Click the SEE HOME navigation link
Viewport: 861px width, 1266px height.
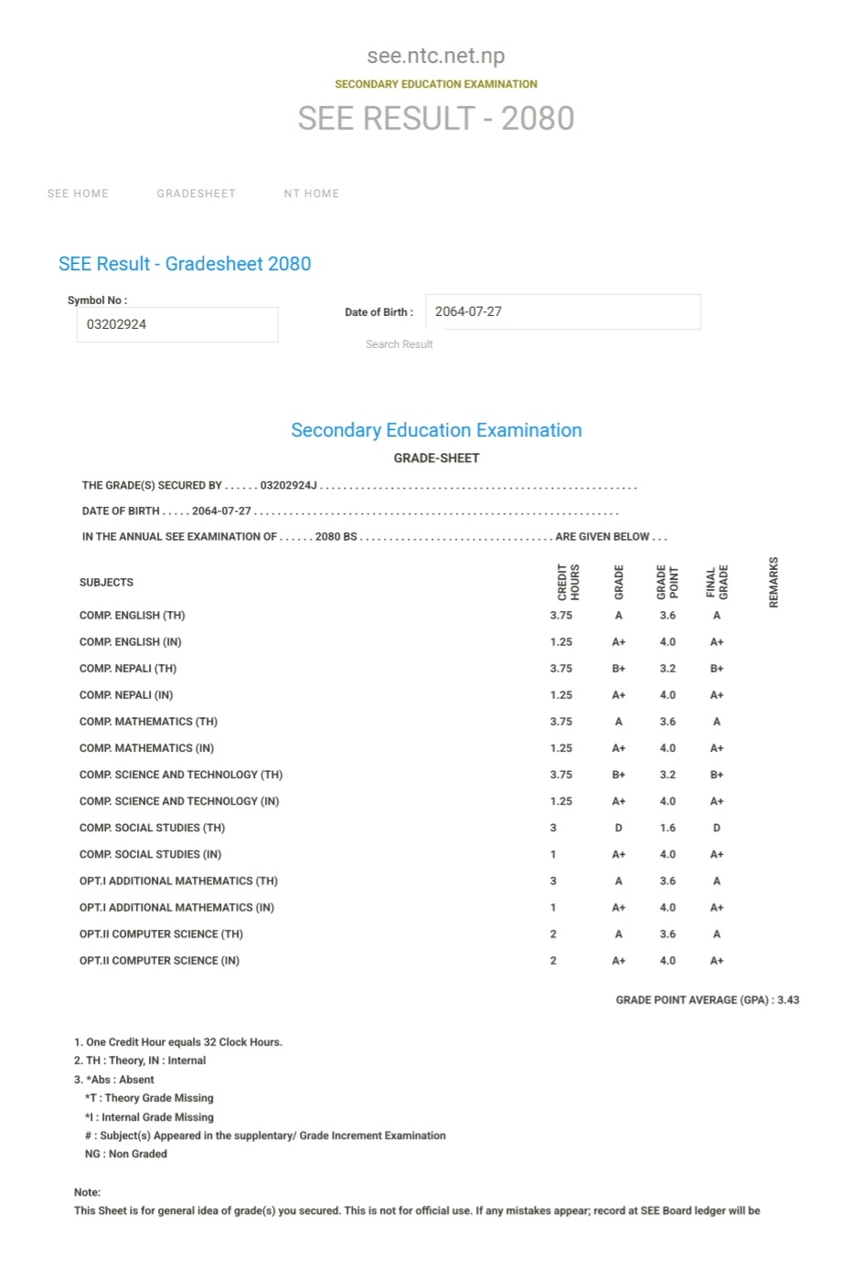click(x=78, y=194)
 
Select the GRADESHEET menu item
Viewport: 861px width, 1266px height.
click(x=196, y=194)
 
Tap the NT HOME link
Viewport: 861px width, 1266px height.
click(x=311, y=194)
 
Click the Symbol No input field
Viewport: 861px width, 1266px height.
click(x=177, y=324)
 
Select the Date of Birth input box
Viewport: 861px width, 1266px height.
click(x=562, y=311)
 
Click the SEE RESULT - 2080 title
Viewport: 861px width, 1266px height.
click(x=436, y=119)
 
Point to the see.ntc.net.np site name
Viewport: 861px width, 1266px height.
click(x=436, y=56)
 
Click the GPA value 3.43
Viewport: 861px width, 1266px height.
click(x=788, y=1000)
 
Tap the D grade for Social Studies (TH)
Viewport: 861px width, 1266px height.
click(x=619, y=828)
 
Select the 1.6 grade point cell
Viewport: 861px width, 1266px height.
click(x=668, y=828)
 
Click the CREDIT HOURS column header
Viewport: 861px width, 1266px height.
click(x=569, y=582)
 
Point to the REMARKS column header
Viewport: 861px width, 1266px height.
click(x=774, y=582)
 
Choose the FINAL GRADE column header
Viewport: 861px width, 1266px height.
click(x=717, y=582)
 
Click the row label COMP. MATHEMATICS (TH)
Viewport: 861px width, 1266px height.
click(x=148, y=722)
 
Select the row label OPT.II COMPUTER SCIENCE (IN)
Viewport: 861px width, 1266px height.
click(x=159, y=961)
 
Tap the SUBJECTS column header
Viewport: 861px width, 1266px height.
click(x=106, y=583)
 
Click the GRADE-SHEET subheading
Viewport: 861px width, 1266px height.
click(x=436, y=459)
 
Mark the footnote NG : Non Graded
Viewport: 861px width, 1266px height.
click(x=126, y=1155)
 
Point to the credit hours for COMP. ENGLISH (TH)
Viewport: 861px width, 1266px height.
click(x=561, y=616)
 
